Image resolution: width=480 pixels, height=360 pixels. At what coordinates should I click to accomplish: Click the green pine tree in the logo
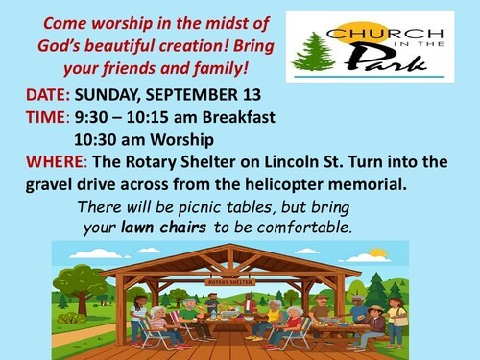tap(313, 51)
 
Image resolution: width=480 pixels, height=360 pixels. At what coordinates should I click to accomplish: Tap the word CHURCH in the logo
tap(385, 34)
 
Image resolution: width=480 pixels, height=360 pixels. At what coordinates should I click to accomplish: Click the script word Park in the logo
tap(387, 59)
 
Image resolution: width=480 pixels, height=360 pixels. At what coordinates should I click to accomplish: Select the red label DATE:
tap(48, 95)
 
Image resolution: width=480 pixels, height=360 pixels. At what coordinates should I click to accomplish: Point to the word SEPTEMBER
tap(192, 95)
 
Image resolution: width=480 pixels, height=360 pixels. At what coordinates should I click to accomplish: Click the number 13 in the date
tap(252, 95)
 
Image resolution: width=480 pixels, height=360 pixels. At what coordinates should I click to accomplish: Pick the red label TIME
tap(45, 117)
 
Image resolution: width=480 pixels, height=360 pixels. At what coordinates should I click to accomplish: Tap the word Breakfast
tap(238, 117)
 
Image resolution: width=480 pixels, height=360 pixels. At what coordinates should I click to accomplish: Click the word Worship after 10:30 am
tap(182, 140)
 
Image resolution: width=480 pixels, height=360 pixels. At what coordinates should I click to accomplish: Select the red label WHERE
tap(54, 161)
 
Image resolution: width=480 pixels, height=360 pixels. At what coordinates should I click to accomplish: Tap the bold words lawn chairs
tap(164, 228)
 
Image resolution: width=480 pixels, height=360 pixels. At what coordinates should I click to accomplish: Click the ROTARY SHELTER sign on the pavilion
tap(230, 282)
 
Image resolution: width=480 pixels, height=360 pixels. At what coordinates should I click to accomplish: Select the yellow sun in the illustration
tap(377, 253)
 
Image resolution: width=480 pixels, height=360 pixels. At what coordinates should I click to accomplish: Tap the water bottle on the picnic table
tap(213, 314)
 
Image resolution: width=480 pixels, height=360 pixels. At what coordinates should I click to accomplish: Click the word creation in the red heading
tap(193, 46)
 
